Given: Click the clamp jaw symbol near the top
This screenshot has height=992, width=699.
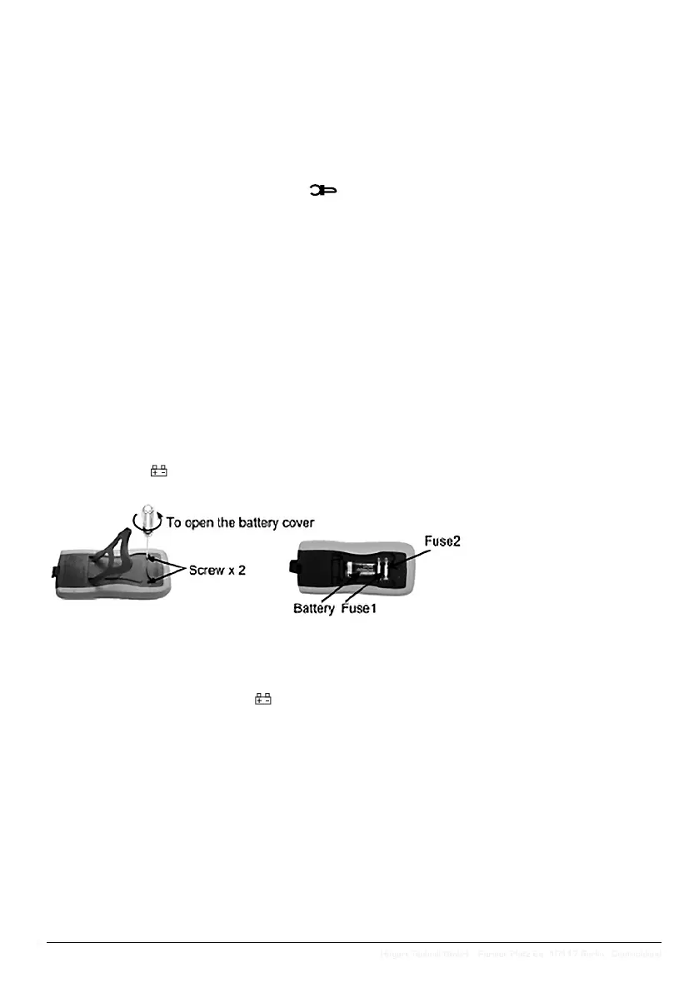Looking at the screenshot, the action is click(x=323, y=191).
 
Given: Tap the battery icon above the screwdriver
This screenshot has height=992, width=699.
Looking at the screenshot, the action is click(x=158, y=471).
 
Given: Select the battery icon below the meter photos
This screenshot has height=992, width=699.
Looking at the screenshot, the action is click(x=263, y=698).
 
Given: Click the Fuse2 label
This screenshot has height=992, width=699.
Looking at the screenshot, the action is click(x=442, y=541).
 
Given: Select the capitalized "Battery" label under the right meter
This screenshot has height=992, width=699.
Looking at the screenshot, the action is click(x=313, y=608).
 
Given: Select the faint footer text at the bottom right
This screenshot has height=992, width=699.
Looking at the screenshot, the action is click(x=521, y=954).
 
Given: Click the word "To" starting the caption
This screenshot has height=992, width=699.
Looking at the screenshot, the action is click(x=174, y=522).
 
